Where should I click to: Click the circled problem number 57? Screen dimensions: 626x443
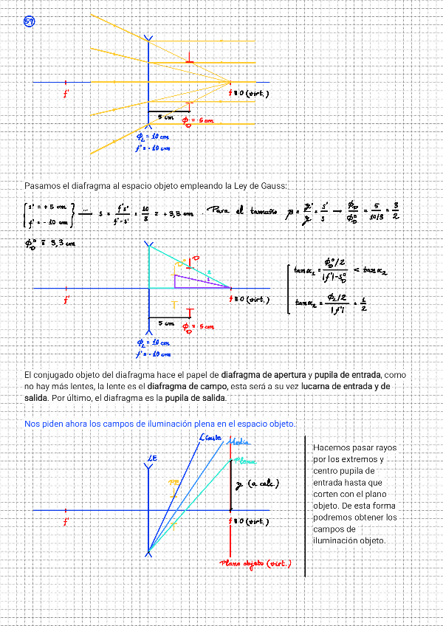(30, 21)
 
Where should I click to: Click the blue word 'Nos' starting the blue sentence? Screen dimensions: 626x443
(32, 424)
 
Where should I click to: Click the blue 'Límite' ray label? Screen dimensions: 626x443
(210, 438)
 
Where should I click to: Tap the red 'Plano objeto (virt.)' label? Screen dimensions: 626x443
(255, 564)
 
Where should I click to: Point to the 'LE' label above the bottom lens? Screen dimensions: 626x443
(152, 458)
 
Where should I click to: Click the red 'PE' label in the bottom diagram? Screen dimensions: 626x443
(174, 482)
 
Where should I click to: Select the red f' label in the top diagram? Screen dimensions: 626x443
(66, 94)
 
